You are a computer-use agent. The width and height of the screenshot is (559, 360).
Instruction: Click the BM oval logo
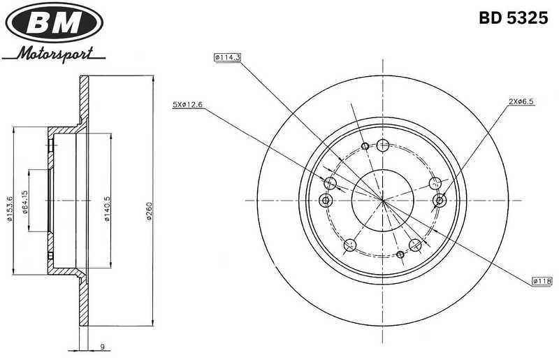[x=54, y=22]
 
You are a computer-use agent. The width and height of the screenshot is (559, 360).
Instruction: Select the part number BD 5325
[x=512, y=19]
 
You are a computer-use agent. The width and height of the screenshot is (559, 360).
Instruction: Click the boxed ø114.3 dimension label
[x=228, y=57]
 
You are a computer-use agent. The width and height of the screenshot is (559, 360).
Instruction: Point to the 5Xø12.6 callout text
[x=187, y=105]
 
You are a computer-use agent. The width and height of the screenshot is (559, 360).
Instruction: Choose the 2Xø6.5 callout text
[x=521, y=101]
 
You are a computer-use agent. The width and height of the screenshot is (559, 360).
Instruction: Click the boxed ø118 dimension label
[x=542, y=280]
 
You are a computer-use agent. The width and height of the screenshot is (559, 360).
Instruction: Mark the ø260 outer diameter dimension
[x=149, y=210]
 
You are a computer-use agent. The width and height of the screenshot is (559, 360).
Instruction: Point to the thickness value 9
[x=102, y=345]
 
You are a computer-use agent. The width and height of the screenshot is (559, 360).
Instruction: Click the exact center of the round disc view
[x=382, y=201]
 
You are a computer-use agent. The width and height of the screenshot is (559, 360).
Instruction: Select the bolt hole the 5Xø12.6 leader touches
[x=331, y=184]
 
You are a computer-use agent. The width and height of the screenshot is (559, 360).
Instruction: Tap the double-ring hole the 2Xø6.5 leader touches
[x=440, y=201]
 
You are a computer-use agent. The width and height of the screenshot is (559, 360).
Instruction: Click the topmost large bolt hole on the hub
[x=382, y=145]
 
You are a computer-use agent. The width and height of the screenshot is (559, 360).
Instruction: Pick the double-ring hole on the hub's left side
[x=325, y=201]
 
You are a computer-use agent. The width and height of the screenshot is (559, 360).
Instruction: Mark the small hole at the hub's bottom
[x=400, y=254]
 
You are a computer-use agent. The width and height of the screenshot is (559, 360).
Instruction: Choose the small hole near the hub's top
[x=365, y=146]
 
